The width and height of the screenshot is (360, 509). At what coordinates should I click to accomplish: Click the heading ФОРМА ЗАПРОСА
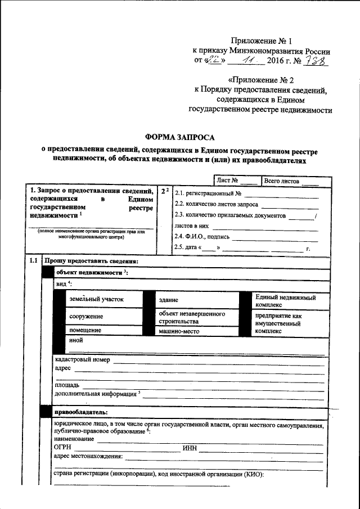click(x=180, y=137)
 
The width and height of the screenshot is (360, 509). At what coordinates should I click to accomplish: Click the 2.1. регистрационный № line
click(x=247, y=193)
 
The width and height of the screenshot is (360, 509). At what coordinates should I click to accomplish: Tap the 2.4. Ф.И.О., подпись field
click(x=247, y=237)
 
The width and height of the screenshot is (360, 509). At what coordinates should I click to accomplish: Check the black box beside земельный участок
click(x=59, y=300)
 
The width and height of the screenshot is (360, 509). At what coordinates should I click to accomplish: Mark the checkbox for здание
click(x=149, y=300)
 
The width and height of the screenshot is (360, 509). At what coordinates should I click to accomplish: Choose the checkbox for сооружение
click(x=59, y=317)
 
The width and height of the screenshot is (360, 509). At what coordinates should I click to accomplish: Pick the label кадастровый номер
click(x=82, y=359)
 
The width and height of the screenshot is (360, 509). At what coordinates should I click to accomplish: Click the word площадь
click(x=66, y=385)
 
